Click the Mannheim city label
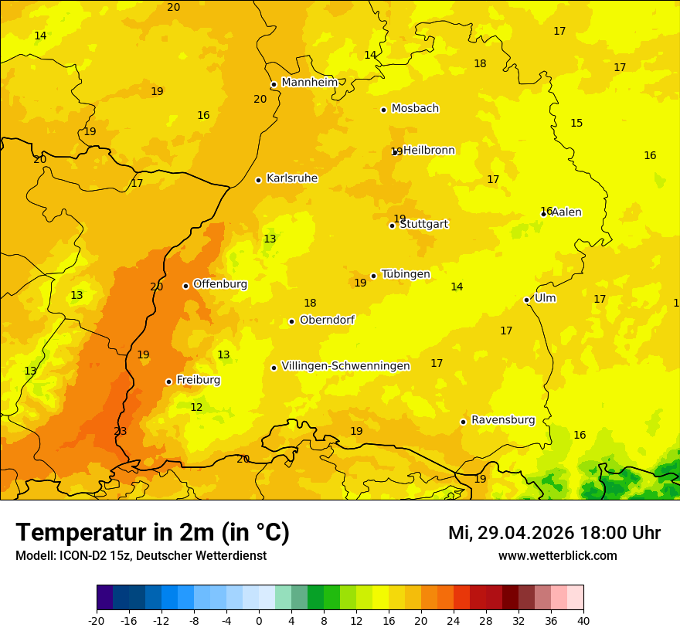tap(309, 83)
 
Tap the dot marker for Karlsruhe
tap(258, 180)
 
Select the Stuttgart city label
tap(423, 225)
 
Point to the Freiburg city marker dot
tap(168, 382)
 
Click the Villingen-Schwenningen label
tap(345, 366)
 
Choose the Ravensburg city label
tap(503, 420)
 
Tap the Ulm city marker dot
tap(526, 300)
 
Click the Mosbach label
tap(415, 109)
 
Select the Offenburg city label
tap(220, 284)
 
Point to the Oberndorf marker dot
tap(291, 321)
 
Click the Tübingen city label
tap(406, 274)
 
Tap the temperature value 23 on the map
tap(121, 432)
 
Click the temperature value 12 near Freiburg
tap(196, 407)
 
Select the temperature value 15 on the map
tap(576, 124)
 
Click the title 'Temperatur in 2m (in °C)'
tap(152, 533)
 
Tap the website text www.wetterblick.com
tap(557, 556)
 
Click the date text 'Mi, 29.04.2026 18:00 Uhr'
tap(554, 533)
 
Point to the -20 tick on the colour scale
tap(97, 621)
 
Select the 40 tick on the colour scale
tap(583, 621)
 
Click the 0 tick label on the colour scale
tap(259, 621)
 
